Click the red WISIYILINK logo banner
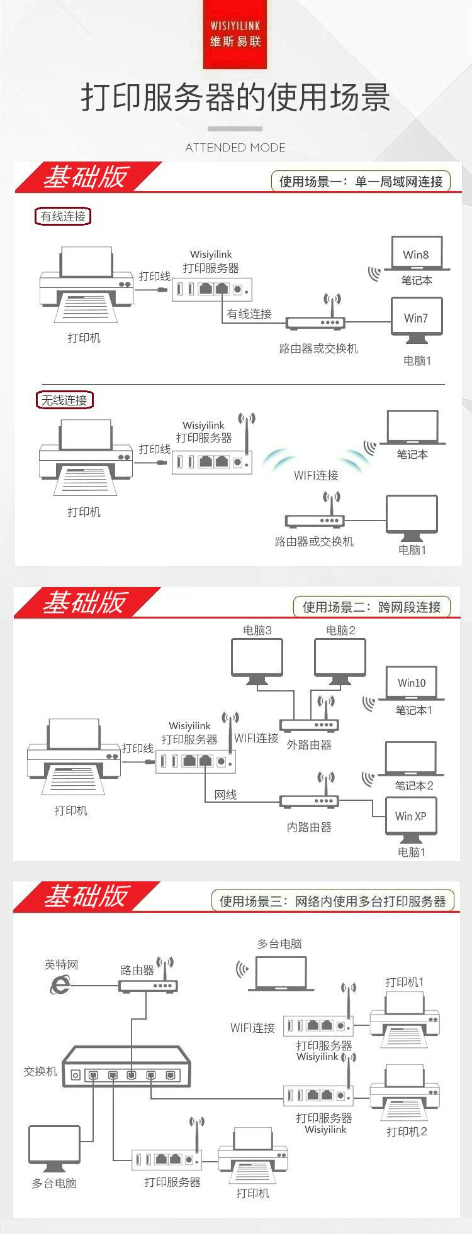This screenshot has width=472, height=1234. [235, 35]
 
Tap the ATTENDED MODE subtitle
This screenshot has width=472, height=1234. [235, 148]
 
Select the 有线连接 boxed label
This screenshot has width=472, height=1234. [63, 216]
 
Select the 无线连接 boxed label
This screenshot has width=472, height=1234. [64, 400]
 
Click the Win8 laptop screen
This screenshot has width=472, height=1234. [416, 253]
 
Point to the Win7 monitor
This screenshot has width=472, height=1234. [415, 319]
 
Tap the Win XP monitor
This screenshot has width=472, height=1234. [410, 817]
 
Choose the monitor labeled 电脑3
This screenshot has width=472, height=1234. [257, 659]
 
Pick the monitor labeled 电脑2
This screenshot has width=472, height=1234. [340, 659]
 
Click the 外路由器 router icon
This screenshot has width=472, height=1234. [310, 724]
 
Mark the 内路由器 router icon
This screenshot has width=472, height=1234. [310, 801]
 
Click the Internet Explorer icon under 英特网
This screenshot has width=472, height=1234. [60, 985]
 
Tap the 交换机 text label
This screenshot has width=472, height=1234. [40, 1072]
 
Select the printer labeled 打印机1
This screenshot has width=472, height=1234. [404, 1021]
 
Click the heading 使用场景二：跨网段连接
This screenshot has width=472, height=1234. [371, 607]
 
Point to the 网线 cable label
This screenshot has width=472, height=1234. [225, 795]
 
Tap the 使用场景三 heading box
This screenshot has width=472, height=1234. [332, 901]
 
